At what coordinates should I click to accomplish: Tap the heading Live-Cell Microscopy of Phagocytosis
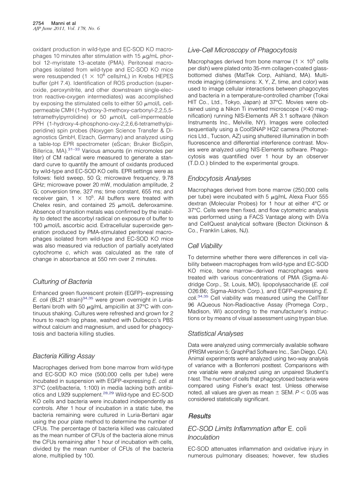click(x=242, y=50)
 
